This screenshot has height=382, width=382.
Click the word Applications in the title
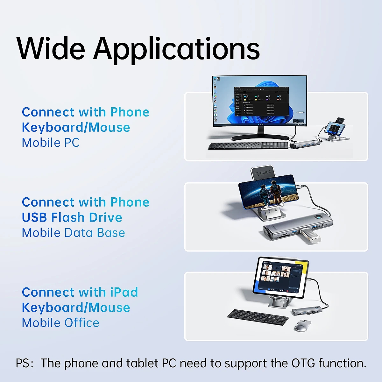[x=176, y=50]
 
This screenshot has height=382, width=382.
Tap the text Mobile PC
[x=51, y=143]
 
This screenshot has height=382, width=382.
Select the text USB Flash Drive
[x=72, y=217]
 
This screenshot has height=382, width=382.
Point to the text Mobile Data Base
[x=73, y=232]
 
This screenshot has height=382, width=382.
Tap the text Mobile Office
[x=60, y=322]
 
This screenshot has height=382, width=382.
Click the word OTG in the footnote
[x=303, y=363]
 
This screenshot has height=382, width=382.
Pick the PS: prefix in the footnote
[x=25, y=363]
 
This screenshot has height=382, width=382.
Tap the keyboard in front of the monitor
[x=248, y=146]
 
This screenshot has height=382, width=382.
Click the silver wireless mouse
[x=301, y=326]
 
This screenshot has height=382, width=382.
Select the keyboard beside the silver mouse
[x=258, y=317]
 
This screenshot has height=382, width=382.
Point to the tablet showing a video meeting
[x=281, y=278]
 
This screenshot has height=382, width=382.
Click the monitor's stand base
[x=260, y=138]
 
